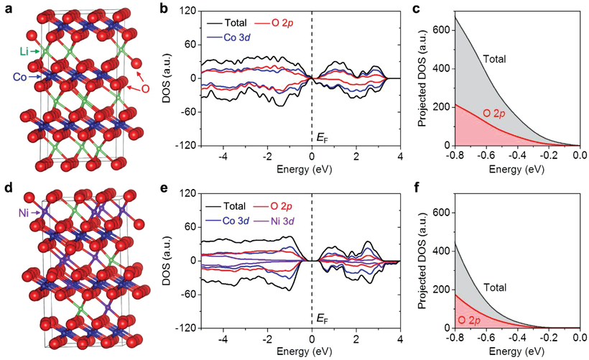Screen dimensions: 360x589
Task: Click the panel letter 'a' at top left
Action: tap(7, 8)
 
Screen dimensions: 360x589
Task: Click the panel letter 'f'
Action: tap(417, 190)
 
